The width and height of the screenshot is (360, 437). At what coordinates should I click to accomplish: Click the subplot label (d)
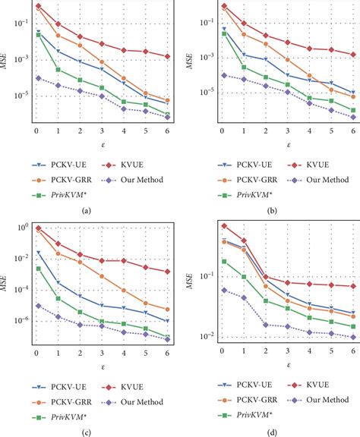(x=271, y=432)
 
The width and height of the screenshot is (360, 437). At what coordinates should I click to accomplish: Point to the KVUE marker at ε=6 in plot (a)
(x=168, y=57)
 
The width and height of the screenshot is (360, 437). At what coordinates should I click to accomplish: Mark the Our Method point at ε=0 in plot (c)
(x=38, y=306)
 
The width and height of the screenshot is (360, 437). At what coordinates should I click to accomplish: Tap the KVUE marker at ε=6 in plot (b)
(x=352, y=55)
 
